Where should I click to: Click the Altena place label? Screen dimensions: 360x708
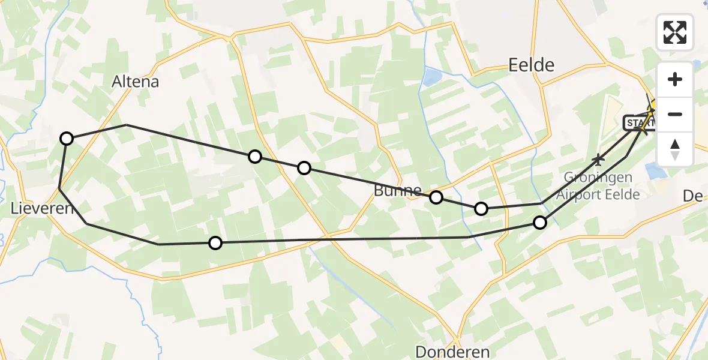coord(136,82)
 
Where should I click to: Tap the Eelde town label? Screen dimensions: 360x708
coord(531,65)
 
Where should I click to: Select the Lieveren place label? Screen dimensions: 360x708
coord(41,209)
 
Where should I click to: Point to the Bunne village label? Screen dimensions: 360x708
coord(397,191)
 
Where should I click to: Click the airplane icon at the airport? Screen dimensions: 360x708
coord(598,160)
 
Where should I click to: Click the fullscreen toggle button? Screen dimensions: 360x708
coord(675,32)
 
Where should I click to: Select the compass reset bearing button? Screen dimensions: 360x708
coord(675,149)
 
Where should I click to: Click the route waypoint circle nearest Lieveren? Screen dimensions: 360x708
coord(67,139)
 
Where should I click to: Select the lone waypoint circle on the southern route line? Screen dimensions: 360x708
coord(215,242)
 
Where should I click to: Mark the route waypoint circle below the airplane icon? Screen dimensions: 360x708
coord(540,223)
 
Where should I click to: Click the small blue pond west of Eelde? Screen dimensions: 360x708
coord(430,77)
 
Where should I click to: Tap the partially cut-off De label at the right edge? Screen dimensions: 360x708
coord(696,196)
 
